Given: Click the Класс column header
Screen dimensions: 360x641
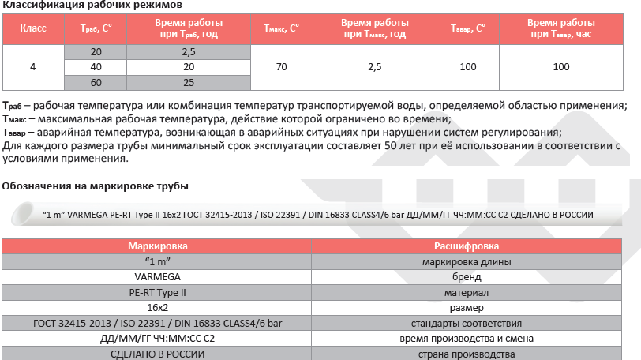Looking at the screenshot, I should (32, 28).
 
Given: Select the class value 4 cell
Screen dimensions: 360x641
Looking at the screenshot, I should (32, 67).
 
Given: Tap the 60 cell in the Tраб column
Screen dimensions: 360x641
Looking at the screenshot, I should (96, 82).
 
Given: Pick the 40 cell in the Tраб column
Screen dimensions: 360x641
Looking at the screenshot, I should (96, 67).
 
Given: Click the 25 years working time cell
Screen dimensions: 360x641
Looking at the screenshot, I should (188, 82).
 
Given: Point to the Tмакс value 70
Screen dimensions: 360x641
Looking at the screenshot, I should (282, 67).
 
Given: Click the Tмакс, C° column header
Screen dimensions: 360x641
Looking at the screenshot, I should (282, 28).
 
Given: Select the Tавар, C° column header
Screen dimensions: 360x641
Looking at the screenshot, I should (467, 28).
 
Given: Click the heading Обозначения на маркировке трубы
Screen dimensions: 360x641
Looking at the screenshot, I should (96, 186).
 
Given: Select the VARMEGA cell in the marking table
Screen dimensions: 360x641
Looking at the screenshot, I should (158, 277).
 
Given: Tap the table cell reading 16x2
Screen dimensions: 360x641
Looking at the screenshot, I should (158, 308).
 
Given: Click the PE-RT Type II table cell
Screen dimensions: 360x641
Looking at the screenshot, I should (158, 292).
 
